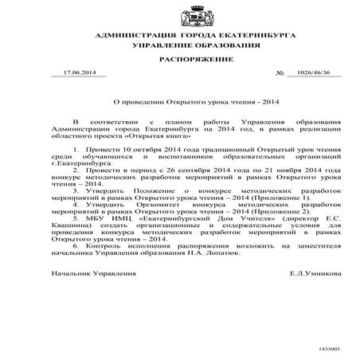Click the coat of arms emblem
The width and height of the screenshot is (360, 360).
tap(179, 17)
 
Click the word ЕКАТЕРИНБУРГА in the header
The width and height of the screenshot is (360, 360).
tap(225, 37)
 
